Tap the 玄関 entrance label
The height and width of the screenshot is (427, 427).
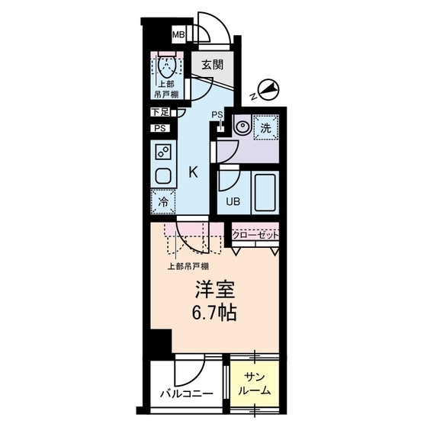tap(212, 65)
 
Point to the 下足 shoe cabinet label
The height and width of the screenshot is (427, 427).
tap(159, 113)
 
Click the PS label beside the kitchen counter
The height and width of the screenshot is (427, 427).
tap(159, 128)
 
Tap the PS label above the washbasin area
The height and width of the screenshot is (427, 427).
tap(217, 115)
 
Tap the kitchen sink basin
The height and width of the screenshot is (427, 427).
tap(163, 175)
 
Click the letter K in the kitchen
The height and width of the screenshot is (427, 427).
tap(194, 173)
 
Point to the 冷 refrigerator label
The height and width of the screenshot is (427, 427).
tap(162, 203)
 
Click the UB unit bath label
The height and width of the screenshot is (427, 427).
tap(231, 202)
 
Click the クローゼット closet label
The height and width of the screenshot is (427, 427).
tap(255, 235)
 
